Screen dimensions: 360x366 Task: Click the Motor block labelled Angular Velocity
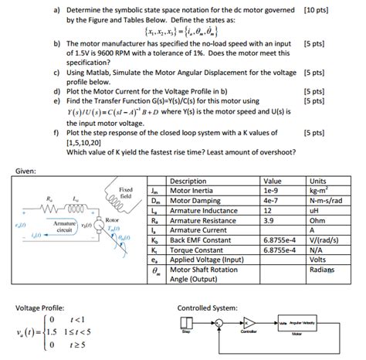tap(295, 326)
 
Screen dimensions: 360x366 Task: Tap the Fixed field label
tap(127, 192)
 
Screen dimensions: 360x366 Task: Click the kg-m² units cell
tap(319, 190)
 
